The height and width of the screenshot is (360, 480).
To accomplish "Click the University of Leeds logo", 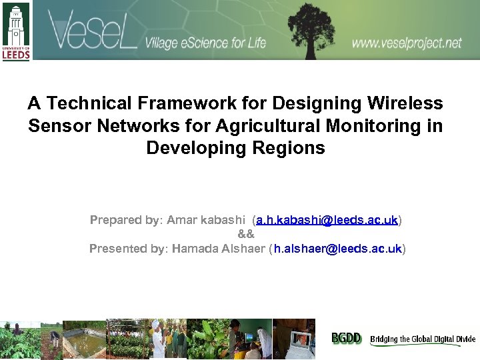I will click(x=16, y=31).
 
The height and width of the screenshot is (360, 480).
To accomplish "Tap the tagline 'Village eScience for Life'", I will click(x=205, y=43).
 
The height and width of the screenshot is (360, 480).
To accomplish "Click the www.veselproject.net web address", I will click(x=407, y=43).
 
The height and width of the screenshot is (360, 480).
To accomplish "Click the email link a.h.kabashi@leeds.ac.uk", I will click(x=327, y=219).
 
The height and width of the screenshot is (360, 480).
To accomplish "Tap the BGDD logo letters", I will click(x=347, y=339).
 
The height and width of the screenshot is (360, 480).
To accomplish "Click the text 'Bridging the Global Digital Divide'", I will click(x=423, y=339).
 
